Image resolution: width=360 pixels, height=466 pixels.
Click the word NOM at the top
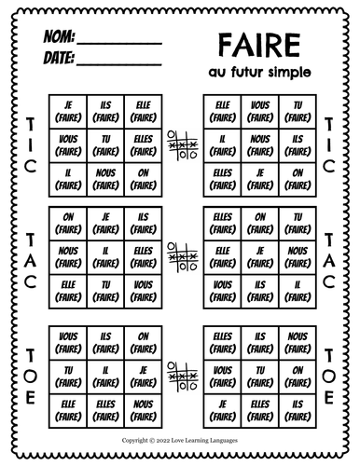[57, 40]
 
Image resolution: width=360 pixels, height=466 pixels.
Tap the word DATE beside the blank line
[58, 59]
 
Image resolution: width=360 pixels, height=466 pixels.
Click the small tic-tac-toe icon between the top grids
[180, 143]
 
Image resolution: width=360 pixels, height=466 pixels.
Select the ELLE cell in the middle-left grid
[67, 287]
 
